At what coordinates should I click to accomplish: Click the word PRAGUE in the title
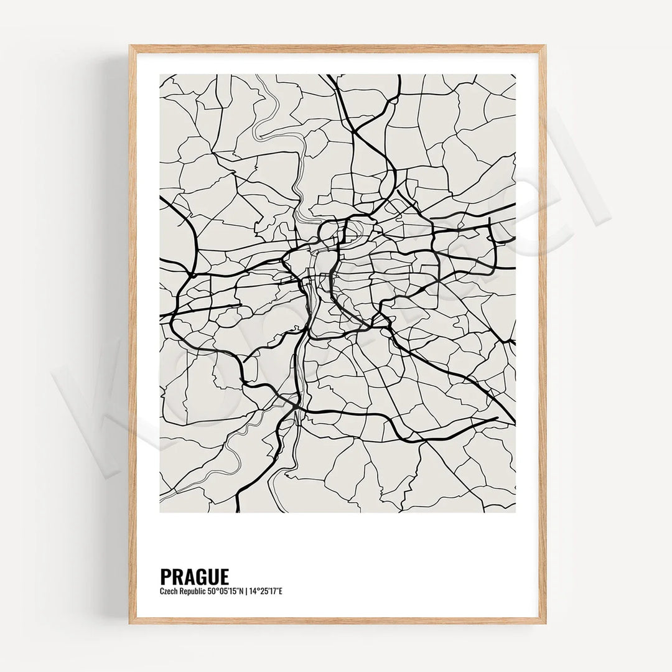[194, 576]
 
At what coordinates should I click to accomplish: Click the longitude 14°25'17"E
[266, 590]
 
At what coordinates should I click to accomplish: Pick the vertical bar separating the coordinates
[246, 590]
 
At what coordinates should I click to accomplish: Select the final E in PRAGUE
[224, 576]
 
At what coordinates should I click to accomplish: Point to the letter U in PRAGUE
[212, 576]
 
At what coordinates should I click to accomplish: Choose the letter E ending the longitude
[281, 590]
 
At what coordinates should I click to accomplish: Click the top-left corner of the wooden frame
[130, 46]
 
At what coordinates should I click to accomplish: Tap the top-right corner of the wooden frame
[546, 46]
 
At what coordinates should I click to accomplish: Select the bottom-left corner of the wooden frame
[130, 623]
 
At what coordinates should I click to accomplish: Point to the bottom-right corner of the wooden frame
[546, 623]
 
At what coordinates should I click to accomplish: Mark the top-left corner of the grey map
[160, 75]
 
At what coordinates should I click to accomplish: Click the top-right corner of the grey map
[515, 75]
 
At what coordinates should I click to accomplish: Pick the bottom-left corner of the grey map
[160, 512]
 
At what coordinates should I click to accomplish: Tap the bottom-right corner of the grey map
[515, 512]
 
